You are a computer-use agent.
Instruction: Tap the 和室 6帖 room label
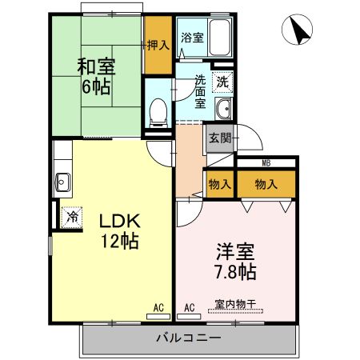(x=94, y=76)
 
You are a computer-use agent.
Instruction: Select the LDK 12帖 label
(x=119, y=230)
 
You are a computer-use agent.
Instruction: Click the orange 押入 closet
(x=158, y=45)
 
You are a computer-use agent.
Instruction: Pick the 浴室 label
(x=191, y=37)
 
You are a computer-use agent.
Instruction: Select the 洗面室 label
(x=200, y=90)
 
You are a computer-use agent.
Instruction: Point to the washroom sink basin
(x=223, y=110)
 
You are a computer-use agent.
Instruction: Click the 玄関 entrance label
(x=219, y=137)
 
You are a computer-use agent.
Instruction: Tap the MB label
(x=266, y=164)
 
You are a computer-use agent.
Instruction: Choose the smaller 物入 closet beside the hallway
(x=220, y=184)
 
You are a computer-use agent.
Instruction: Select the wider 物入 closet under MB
(x=266, y=184)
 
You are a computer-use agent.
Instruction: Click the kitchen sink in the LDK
(x=62, y=182)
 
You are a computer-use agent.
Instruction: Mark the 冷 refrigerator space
(x=72, y=216)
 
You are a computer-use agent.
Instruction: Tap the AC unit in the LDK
(x=158, y=306)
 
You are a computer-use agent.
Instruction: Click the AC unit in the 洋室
(x=190, y=306)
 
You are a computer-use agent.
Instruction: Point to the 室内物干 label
(x=234, y=304)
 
